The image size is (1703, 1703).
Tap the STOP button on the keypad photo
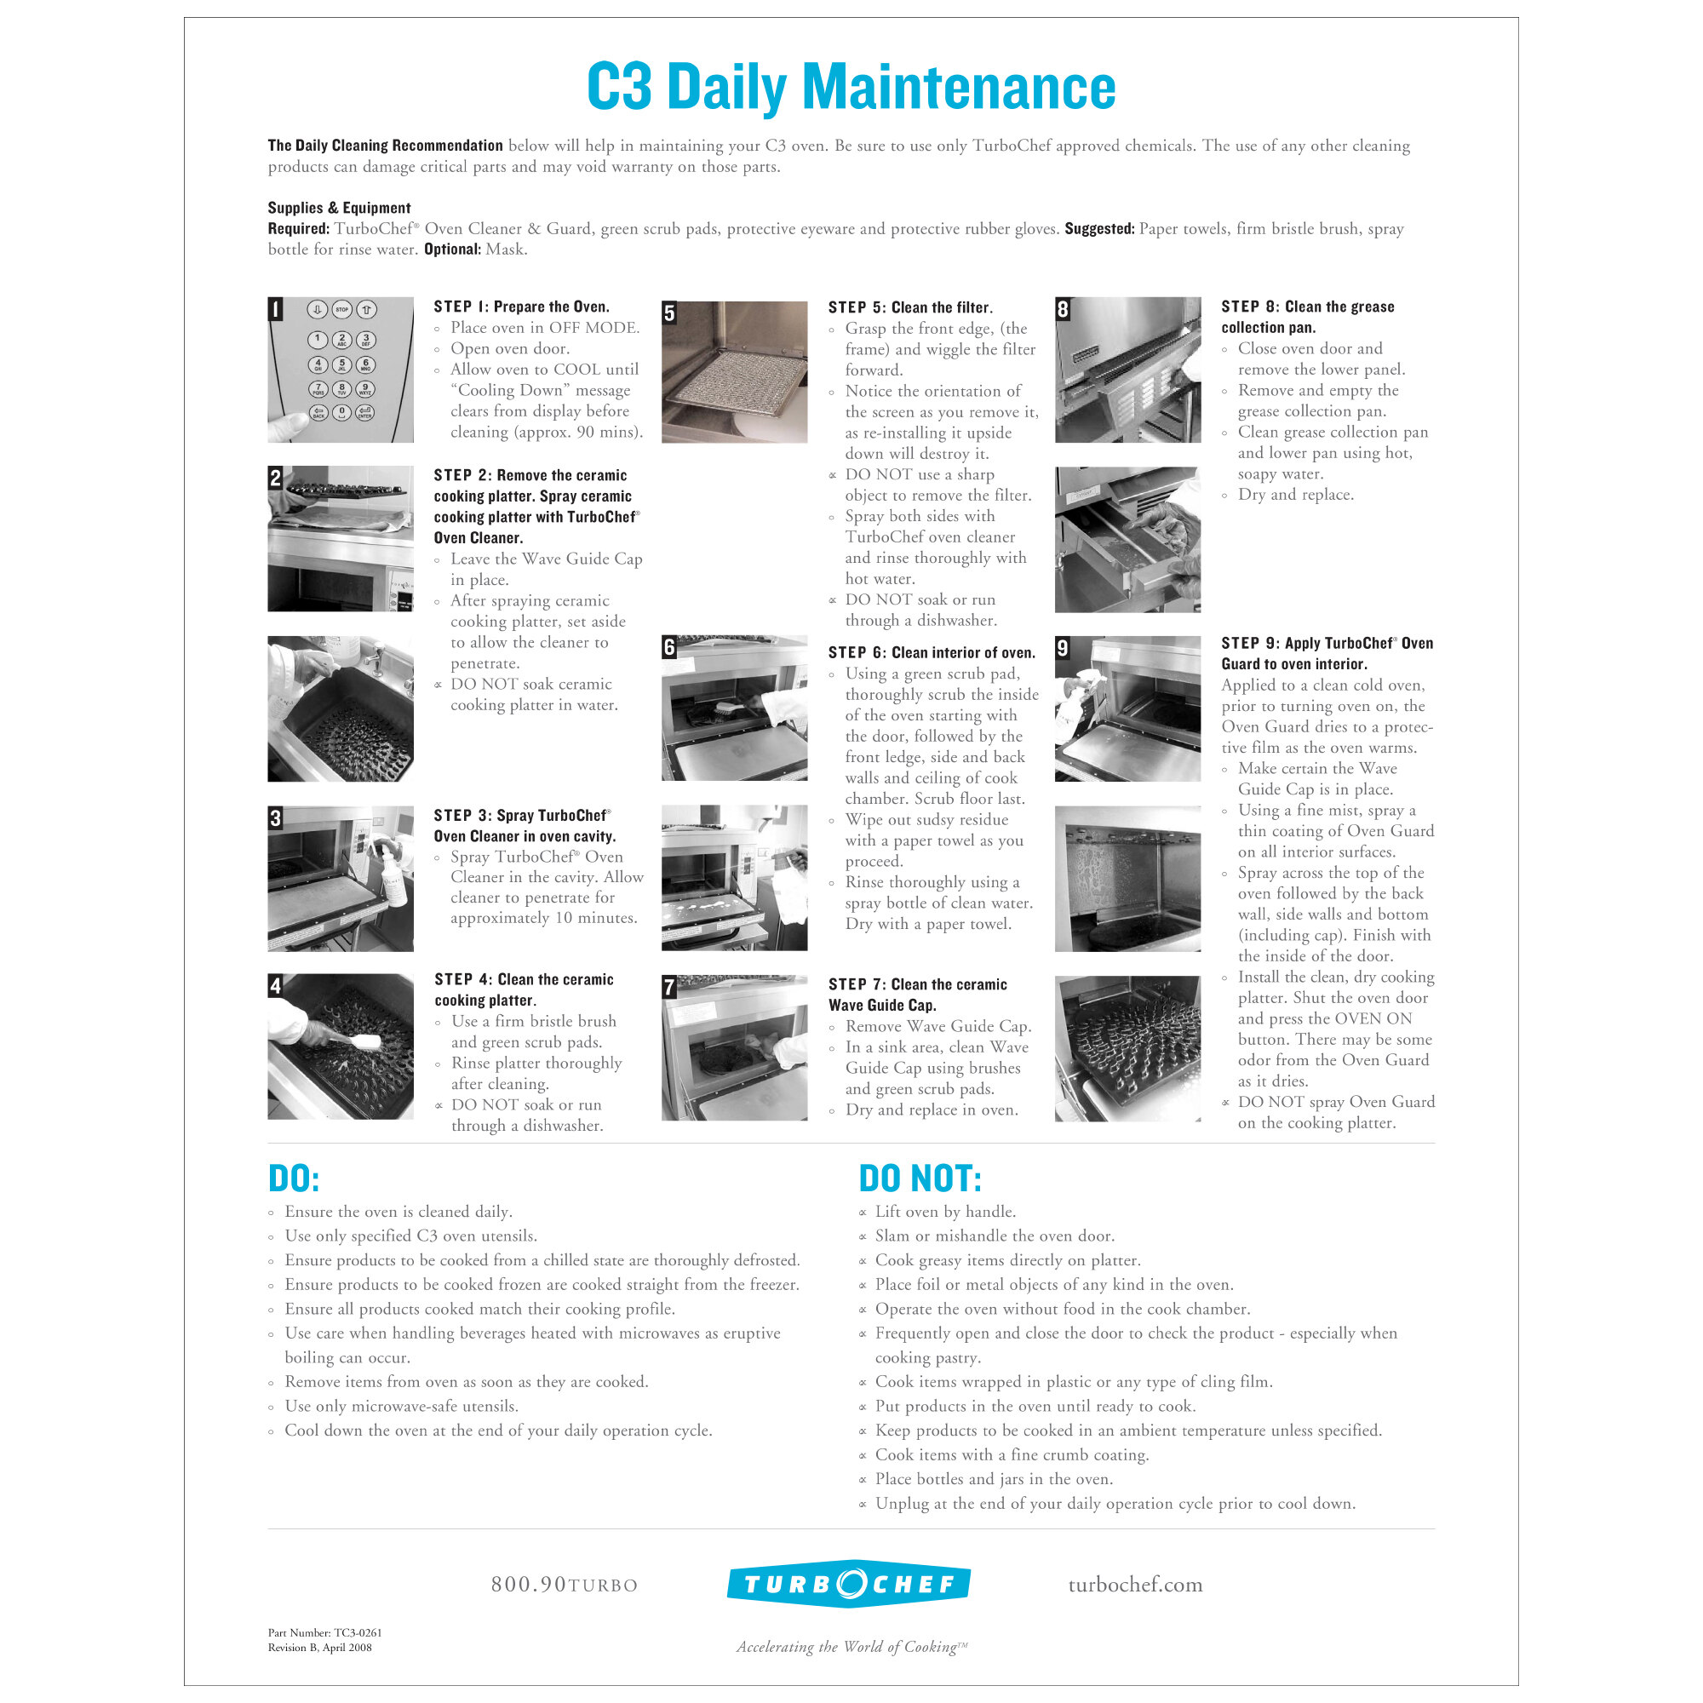point(342,310)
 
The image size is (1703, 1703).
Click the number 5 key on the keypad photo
point(342,365)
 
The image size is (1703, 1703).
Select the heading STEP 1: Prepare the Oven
point(521,307)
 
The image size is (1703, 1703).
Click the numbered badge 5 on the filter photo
point(670,313)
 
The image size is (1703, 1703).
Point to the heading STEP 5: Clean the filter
point(909,307)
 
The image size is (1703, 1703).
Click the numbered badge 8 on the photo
point(1063,309)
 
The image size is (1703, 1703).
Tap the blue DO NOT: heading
point(920,1178)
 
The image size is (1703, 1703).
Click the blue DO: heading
point(294,1178)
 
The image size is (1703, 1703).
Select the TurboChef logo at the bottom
point(849,1584)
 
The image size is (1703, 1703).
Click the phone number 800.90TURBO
point(565,1585)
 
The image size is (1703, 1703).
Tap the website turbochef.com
point(1135,1585)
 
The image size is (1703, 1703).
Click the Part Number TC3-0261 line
point(324,1632)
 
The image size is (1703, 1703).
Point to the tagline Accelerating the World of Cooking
point(851,1647)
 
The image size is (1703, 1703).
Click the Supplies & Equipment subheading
point(340,208)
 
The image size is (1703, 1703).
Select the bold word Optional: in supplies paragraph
point(452,249)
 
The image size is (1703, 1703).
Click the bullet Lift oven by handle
point(945,1212)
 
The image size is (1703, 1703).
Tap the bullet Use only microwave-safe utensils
point(401,1406)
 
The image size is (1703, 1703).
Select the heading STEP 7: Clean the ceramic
point(917,984)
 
